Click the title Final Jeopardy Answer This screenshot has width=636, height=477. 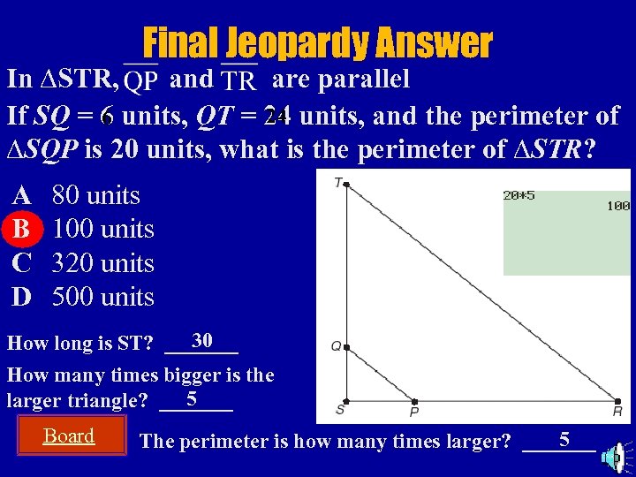pos(317,42)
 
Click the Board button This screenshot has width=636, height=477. pos(69,435)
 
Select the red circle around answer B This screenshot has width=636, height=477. pos(21,229)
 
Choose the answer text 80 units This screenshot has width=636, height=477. pos(96,195)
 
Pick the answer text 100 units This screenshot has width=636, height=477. pos(103,230)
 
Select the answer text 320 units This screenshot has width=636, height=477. pos(103,263)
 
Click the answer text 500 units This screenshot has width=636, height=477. pos(103,297)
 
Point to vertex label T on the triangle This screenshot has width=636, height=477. pos(338,182)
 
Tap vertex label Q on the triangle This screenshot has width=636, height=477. pos(336,346)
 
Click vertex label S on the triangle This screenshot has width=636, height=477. pos(339,410)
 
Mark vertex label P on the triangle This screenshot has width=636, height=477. pos(413,412)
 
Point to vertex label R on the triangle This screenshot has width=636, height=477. pos(617,411)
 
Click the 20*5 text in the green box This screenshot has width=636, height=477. pos(519,196)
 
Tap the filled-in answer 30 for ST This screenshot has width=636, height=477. pos(201,340)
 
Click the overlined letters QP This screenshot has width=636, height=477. pos(141,81)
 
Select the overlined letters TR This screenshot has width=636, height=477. pos(239,81)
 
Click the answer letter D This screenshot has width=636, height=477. pos(21,297)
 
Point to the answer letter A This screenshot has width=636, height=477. pos(21,195)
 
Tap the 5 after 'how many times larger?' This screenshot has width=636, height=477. pos(564,438)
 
